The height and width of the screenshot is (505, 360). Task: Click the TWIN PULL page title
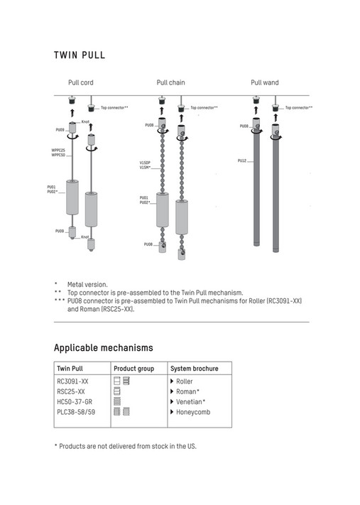pyautogui.click(x=80, y=55)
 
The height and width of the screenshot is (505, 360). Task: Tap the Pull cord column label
pyautogui.click(x=81, y=82)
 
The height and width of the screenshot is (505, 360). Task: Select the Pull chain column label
pyautogui.click(x=170, y=82)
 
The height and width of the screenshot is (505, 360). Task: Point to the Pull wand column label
pyautogui.click(x=265, y=82)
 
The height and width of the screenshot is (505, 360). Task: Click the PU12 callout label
pyautogui.click(x=242, y=161)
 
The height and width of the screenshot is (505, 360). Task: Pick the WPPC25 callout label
pyautogui.click(x=58, y=150)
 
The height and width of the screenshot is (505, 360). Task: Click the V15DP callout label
pyautogui.click(x=145, y=163)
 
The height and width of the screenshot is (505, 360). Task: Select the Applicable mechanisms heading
pyautogui.click(x=104, y=348)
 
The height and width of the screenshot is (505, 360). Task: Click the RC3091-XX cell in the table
pyautogui.click(x=72, y=381)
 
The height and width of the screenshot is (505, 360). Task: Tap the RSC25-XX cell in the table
pyautogui.click(x=71, y=391)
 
